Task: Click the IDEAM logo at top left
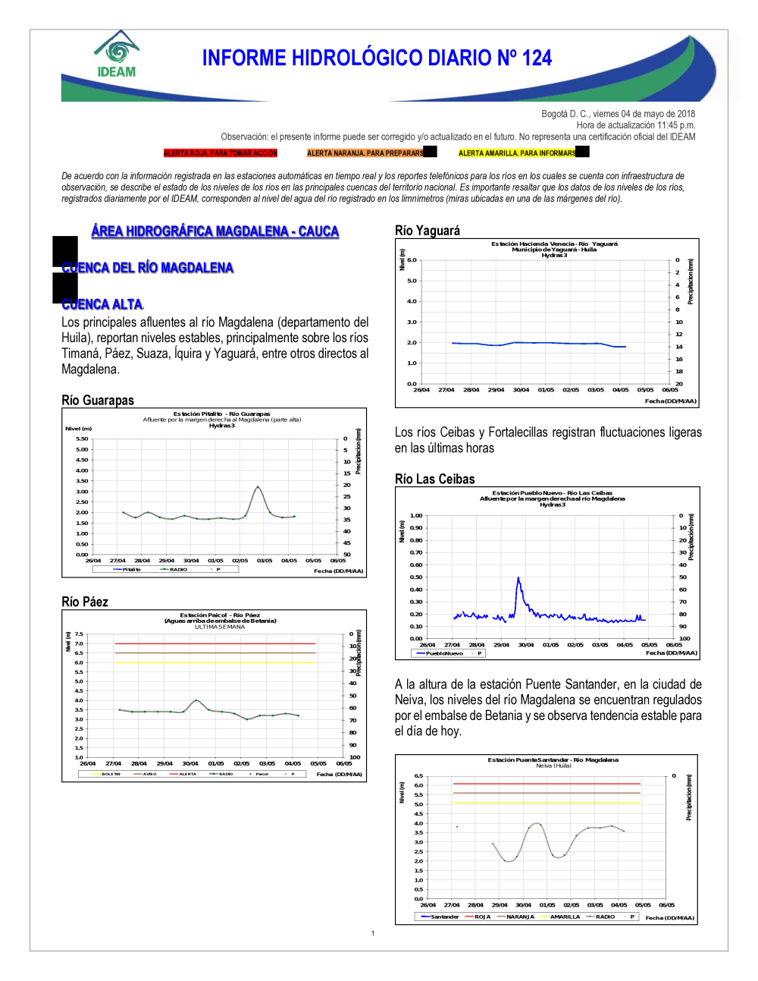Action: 116,55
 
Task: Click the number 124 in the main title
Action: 537,58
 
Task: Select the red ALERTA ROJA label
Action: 221,153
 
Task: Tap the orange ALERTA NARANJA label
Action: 365,153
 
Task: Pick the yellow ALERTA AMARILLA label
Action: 517,153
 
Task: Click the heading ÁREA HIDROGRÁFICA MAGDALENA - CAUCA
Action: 215,231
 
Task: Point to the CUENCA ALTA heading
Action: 102,304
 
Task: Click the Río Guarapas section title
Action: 98,401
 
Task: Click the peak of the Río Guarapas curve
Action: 258,486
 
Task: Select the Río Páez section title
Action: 85,602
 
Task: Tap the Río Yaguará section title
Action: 428,231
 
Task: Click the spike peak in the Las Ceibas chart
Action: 518,578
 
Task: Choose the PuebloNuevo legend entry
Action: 443,653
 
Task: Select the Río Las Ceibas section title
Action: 435,479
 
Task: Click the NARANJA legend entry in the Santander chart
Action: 519,917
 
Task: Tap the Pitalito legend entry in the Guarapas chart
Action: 130,569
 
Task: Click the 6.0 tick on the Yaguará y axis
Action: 412,260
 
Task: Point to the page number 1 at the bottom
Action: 373,933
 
